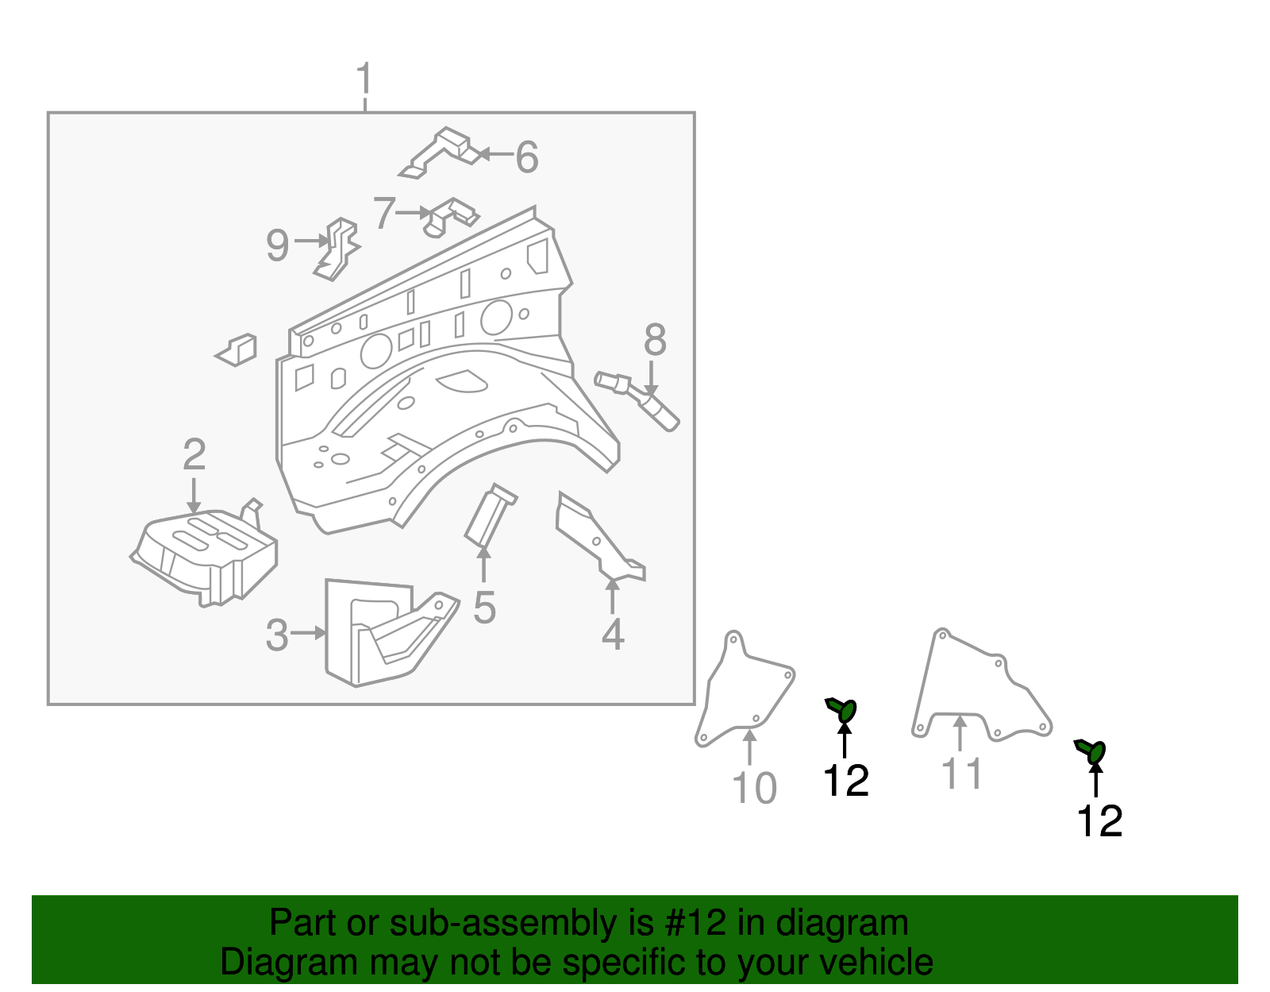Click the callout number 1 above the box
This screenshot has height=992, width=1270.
[x=364, y=79]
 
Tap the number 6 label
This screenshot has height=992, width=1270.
[x=526, y=157]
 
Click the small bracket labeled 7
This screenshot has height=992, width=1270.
[x=451, y=217]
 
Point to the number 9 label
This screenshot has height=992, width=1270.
[x=278, y=245]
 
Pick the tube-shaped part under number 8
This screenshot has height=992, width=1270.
[x=637, y=400]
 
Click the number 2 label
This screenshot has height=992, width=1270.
[x=194, y=454]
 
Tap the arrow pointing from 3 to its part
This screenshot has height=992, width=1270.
[x=308, y=633]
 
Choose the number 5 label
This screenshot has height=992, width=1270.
[x=484, y=608]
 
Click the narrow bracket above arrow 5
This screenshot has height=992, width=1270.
[x=491, y=515]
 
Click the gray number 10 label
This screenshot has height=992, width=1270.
[x=754, y=789]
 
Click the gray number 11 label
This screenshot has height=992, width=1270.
[x=961, y=774]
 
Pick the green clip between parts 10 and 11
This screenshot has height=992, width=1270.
[x=841, y=709]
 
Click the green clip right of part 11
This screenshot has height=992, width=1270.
[x=1091, y=751]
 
